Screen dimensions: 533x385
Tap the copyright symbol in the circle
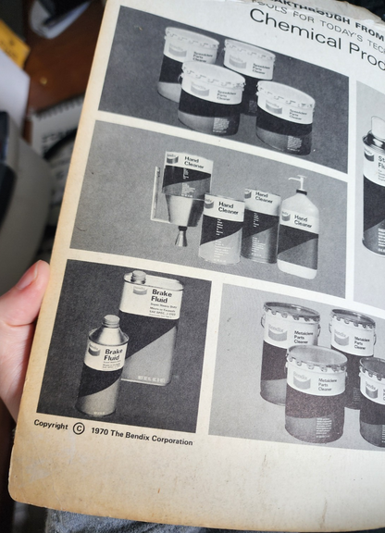(78, 428)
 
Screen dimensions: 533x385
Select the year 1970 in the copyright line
(104, 431)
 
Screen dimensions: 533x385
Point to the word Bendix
(146, 437)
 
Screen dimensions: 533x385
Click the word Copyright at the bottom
(51, 425)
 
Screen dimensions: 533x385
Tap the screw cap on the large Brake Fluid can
(139, 277)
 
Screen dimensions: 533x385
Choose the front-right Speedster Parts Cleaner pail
(284, 118)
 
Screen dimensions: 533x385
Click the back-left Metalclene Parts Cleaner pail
(289, 347)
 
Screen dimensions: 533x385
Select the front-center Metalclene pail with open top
(316, 392)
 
